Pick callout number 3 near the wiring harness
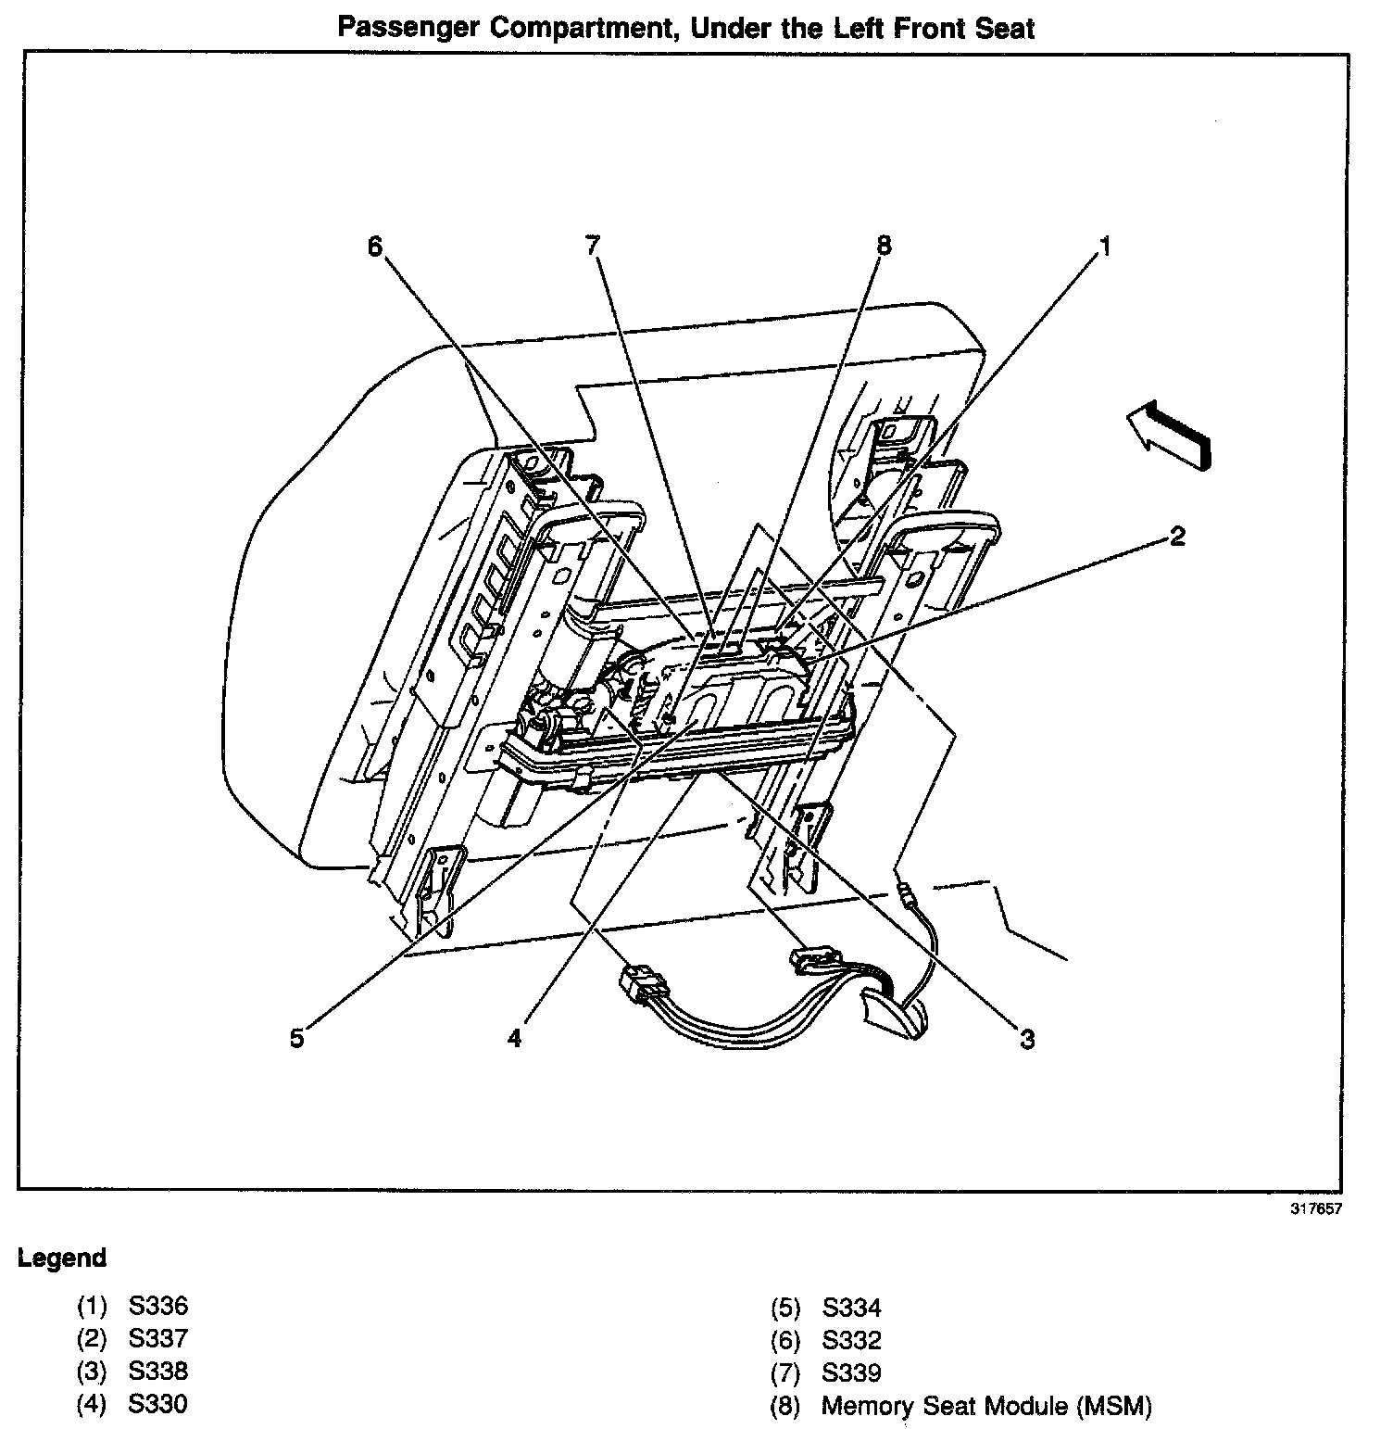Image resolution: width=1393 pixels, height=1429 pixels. click(x=1027, y=1040)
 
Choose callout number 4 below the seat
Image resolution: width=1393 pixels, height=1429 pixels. click(x=514, y=1038)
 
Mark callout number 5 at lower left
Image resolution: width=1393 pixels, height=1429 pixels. click(x=295, y=1038)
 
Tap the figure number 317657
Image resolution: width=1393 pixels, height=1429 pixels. click(x=1316, y=1208)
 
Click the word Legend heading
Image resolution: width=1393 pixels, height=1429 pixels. click(x=62, y=1258)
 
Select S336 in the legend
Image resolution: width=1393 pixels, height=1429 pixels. click(x=158, y=1307)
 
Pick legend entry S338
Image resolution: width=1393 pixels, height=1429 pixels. click(x=158, y=1372)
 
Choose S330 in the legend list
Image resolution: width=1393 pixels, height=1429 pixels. click(x=158, y=1404)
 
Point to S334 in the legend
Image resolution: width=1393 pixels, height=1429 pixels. click(x=851, y=1308)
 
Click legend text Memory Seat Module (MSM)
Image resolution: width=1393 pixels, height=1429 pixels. click(x=986, y=1406)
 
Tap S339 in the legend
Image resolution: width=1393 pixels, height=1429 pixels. click(x=851, y=1372)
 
